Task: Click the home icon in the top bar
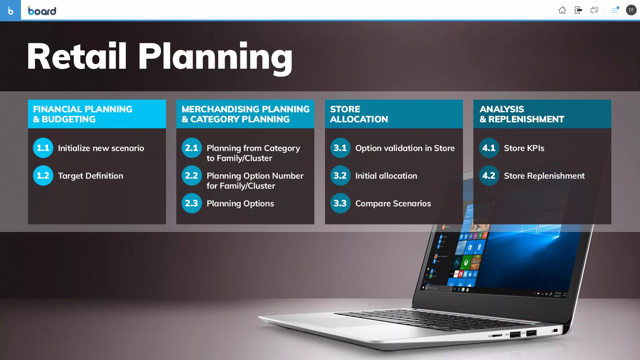(562, 10)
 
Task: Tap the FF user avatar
(631, 10)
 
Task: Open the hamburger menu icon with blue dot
(615, 10)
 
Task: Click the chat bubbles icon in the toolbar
(594, 10)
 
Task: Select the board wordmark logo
(42, 11)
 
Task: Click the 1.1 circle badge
(43, 148)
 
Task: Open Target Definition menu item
(90, 176)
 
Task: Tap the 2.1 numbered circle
(192, 148)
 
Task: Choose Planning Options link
(240, 203)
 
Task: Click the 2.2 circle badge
(192, 175)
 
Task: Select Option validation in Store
(405, 148)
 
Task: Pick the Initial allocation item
(386, 176)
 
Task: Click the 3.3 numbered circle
(340, 203)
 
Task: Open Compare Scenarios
(393, 203)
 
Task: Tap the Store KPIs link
(524, 148)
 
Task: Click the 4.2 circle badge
(489, 175)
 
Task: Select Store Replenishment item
(544, 176)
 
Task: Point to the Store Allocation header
(359, 114)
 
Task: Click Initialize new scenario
(101, 148)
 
